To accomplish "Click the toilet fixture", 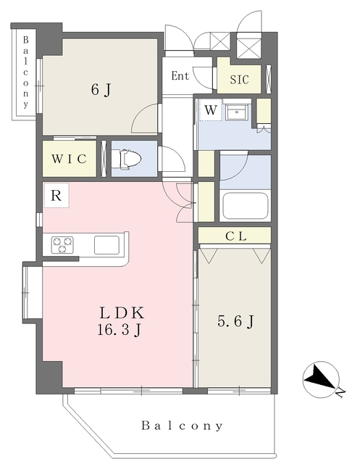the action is [127, 159].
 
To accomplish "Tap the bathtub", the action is [245, 206].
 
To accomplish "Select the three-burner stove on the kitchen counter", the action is [62, 244].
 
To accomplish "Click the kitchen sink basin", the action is [106, 245].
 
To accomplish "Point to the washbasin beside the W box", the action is [236, 112].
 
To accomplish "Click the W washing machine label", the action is [211, 110].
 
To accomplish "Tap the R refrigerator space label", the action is [56, 195].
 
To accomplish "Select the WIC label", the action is [69, 159].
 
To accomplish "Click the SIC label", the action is [240, 79].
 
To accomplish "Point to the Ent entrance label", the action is [180, 75].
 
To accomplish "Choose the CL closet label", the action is [235, 236].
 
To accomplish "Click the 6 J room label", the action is [101, 90].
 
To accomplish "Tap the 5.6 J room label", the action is [235, 321].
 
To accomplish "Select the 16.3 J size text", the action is [119, 329].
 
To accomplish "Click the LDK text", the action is [122, 312].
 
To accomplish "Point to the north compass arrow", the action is [320, 376].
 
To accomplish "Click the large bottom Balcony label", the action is [182, 426].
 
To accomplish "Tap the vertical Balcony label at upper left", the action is [26, 72].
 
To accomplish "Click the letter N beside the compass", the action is [340, 392].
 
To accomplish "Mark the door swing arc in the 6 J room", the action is [140, 113].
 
